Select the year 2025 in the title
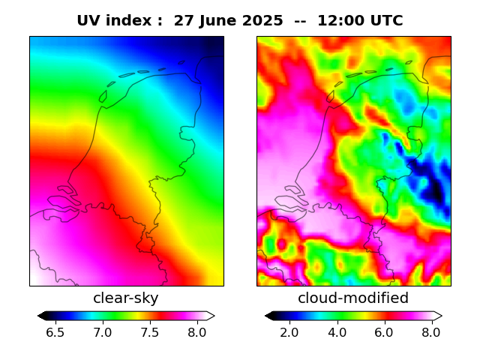(265, 21)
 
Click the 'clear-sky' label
(126, 298)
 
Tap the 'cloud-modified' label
(353, 298)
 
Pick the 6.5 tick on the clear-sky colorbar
(55, 331)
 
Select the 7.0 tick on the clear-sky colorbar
(103, 331)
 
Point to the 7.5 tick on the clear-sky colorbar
(150, 331)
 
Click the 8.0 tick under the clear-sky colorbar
(197, 331)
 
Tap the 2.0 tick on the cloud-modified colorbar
(289, 331)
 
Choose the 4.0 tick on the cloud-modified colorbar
(337, 331)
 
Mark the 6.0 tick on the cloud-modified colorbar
(384, 331)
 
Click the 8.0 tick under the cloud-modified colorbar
(431, 331)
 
